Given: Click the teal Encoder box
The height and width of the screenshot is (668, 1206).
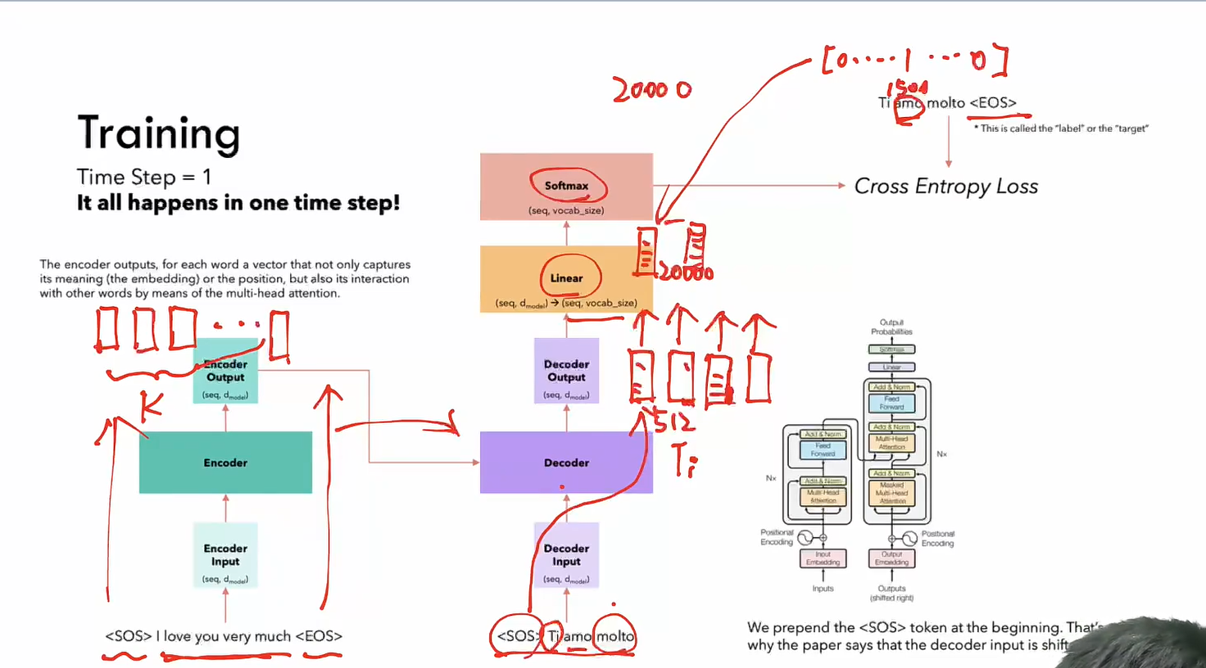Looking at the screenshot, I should (x=225, y=463).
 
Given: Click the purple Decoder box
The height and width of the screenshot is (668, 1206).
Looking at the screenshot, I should (x=566, y=463).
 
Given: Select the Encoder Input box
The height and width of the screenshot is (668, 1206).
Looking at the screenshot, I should (x=225, y=555).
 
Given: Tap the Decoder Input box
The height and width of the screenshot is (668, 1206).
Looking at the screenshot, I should (x=566, y=555).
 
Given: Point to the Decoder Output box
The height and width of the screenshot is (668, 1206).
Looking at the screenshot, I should (x=566, y=371).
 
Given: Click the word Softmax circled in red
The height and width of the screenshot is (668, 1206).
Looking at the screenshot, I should (x=566, y=186).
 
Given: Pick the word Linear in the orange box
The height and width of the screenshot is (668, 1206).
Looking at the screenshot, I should (x=566, y=278).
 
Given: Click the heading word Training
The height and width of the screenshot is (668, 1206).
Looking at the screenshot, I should (x=158, y=133).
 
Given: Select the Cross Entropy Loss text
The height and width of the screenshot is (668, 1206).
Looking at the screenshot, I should (x=945, y=187).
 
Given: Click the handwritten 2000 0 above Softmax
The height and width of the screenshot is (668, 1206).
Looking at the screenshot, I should (x=651, y=88).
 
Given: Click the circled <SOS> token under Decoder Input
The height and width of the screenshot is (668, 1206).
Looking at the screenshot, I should (x=515, y=636).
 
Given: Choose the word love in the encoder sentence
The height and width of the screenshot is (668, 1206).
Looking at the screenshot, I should (x=177, y=636).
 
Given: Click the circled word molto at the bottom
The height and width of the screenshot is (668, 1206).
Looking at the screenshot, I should (x=614, y=636).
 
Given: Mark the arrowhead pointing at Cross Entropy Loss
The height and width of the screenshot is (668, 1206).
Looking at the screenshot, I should (x=841, y=186).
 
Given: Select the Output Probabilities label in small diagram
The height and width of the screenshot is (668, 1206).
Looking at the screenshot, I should (x=891, y=327).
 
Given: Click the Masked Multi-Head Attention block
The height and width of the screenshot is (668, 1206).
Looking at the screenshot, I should (x=891, y=493).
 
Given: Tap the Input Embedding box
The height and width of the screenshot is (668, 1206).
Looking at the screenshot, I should (x=823, y=558).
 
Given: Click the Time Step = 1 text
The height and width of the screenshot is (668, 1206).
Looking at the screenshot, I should (x=144, y=177).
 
